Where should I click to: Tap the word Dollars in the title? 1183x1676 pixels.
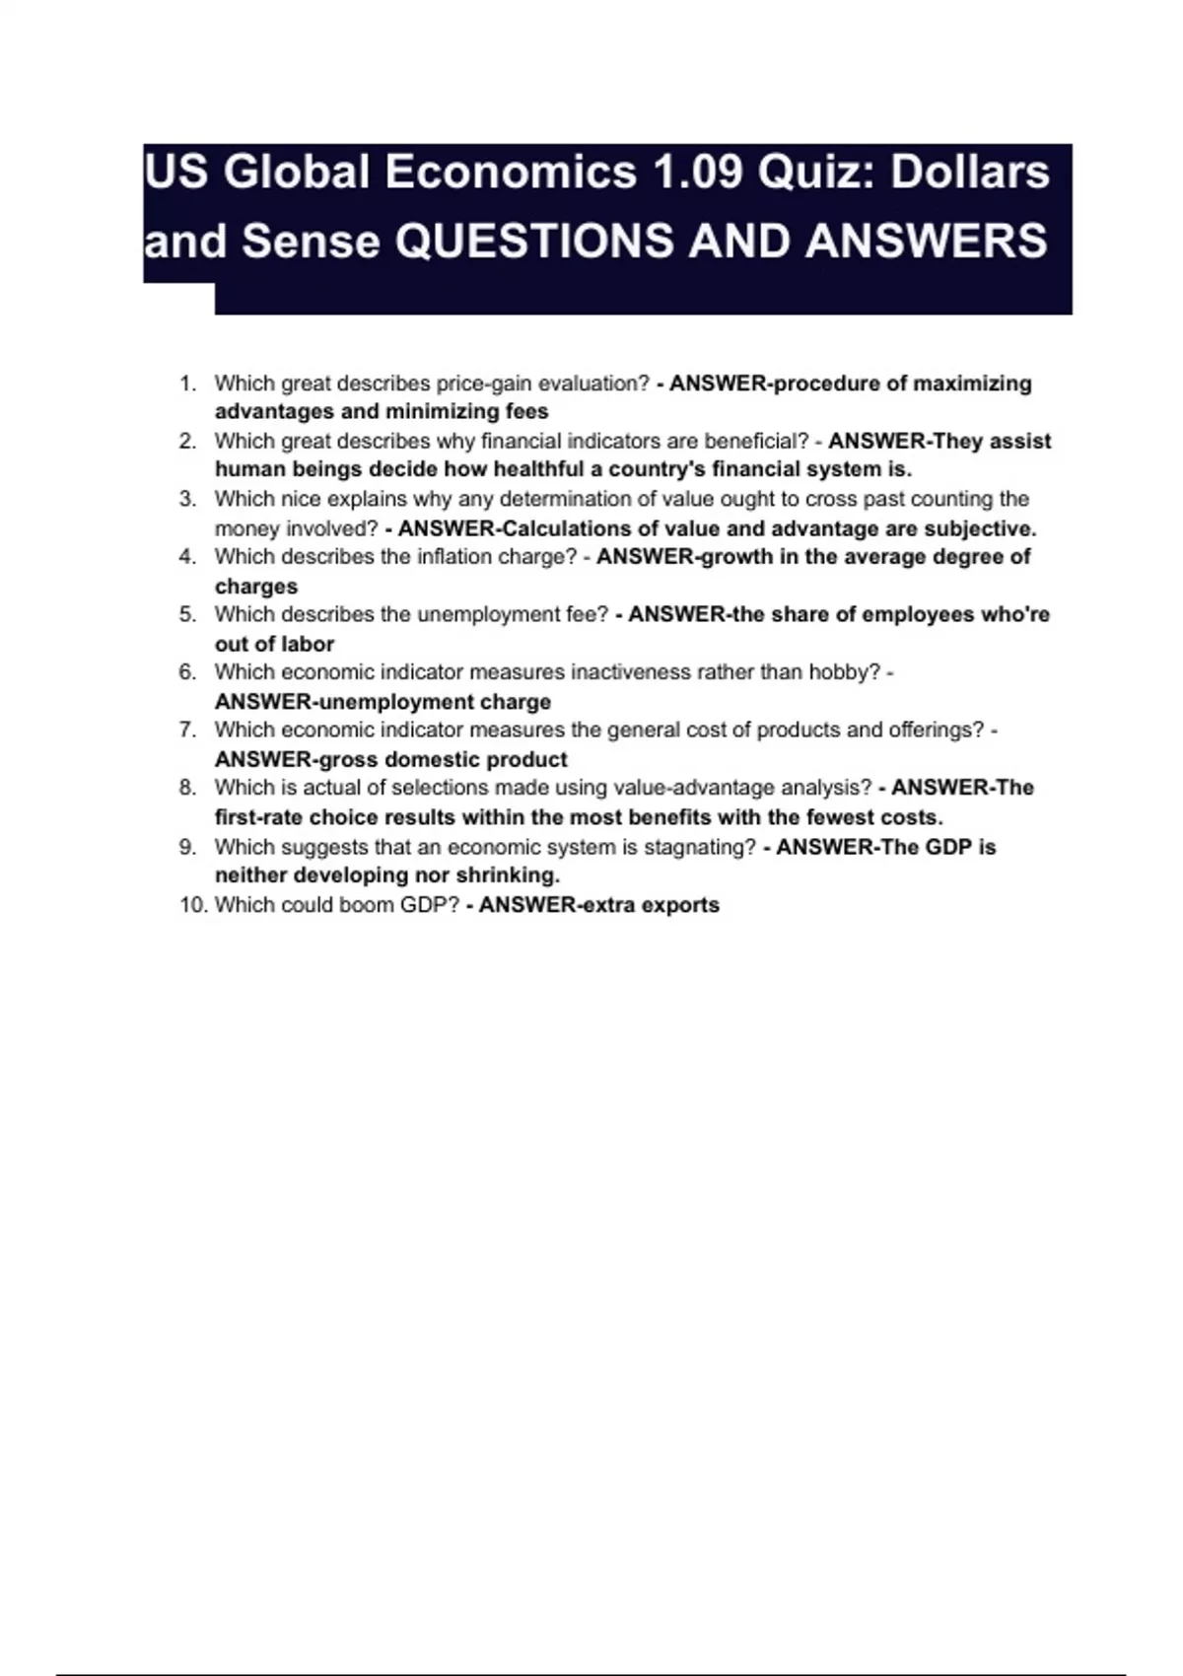[970, 173]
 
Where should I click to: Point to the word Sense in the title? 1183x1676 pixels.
[311, 242]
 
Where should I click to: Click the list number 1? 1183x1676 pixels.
[187, 384]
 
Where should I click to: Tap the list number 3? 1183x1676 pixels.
[187, 499]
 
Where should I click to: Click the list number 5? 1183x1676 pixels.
[187, 614]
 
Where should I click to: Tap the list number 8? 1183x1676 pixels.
[187, 788]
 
